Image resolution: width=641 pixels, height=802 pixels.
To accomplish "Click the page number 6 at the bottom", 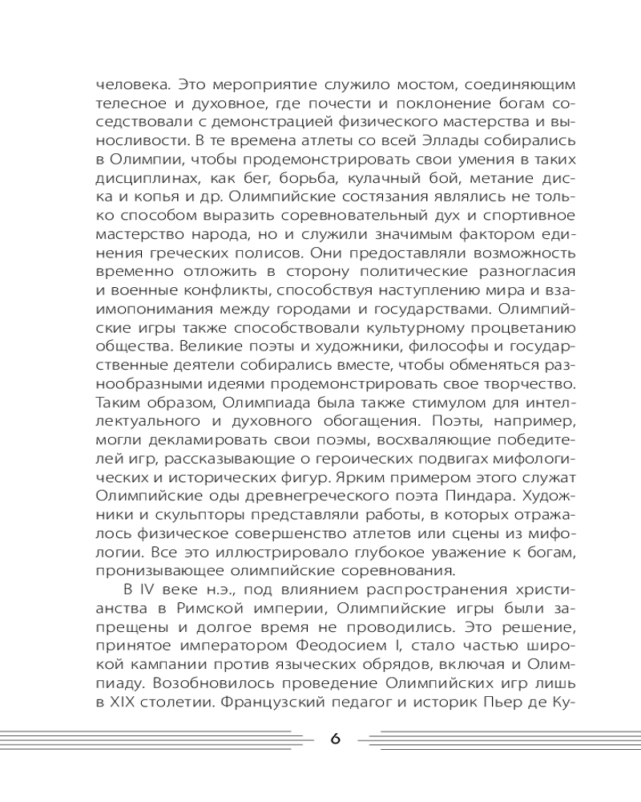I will coord(336,739).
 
